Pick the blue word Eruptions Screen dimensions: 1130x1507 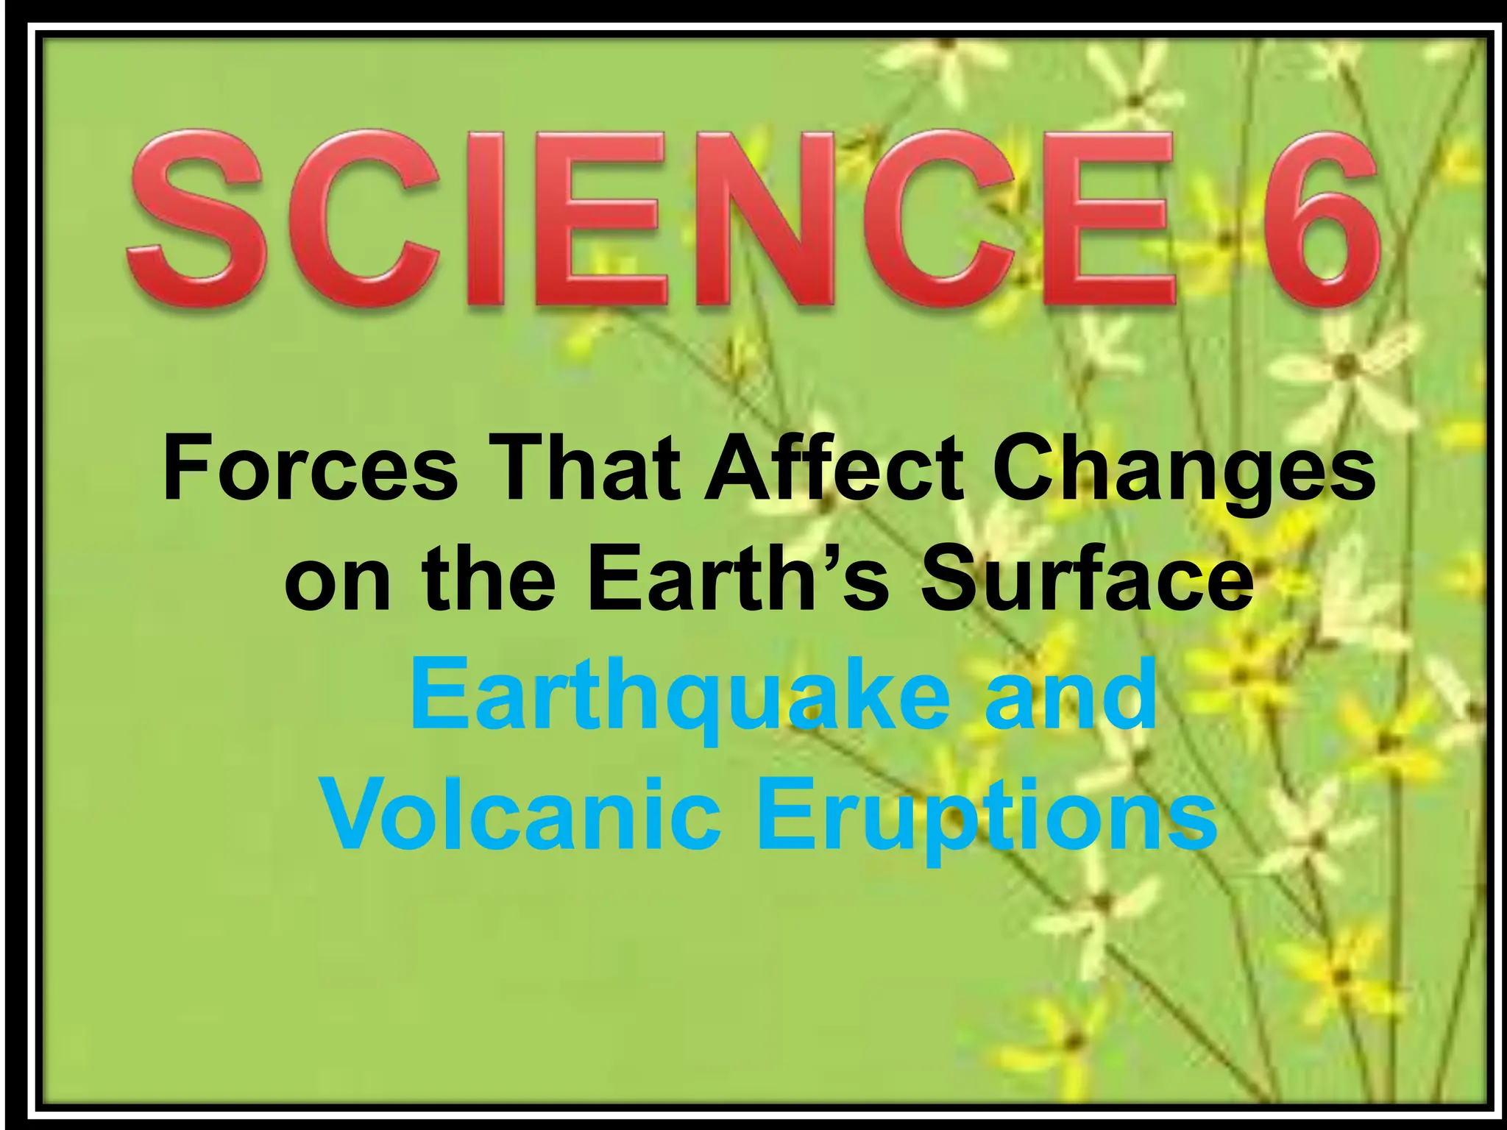coord(986,817)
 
